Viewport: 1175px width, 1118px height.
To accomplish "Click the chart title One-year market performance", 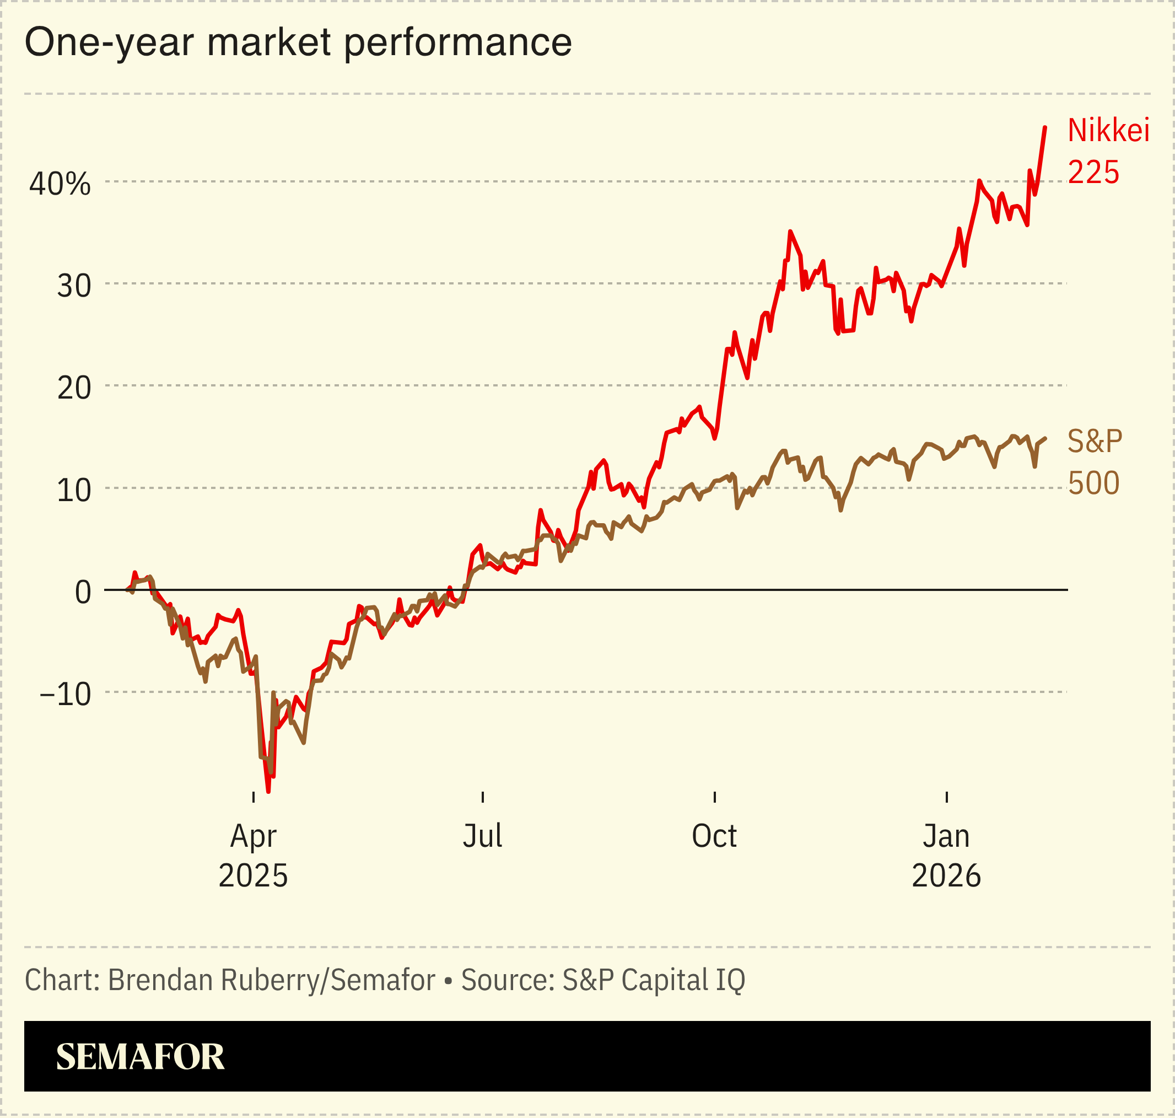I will [298, 42].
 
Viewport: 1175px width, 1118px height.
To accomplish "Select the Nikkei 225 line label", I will [1107, 150].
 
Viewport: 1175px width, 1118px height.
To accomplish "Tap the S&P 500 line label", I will [1094, 462].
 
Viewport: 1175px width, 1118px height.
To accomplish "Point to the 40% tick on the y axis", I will [60, 184].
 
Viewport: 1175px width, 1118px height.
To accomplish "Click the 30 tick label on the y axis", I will [74, 286].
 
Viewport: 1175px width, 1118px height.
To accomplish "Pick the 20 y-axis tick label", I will [74, 389].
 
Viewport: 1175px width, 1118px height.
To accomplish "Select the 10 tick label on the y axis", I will [74, 491].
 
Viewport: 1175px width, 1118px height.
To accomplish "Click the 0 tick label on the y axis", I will [83, 593].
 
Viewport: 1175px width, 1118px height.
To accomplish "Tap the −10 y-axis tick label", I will [66, 694].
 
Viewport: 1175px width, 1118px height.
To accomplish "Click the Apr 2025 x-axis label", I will [253, 856].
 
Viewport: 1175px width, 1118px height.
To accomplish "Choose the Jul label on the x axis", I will [482, 836].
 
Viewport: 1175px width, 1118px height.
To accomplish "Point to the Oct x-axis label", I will [714, 836].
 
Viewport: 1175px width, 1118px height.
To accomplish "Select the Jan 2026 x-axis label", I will [946, 856].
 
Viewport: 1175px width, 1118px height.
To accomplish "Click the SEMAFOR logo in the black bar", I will [140, 1057].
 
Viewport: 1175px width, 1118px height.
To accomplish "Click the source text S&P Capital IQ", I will [653, 980].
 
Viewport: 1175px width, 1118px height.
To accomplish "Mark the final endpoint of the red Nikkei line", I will [1045, 127].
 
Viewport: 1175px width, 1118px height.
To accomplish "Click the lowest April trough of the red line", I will [268, 792].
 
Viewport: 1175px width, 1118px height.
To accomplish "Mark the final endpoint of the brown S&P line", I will [1045, 439].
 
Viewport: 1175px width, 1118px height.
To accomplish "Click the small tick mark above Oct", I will [714, 797].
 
